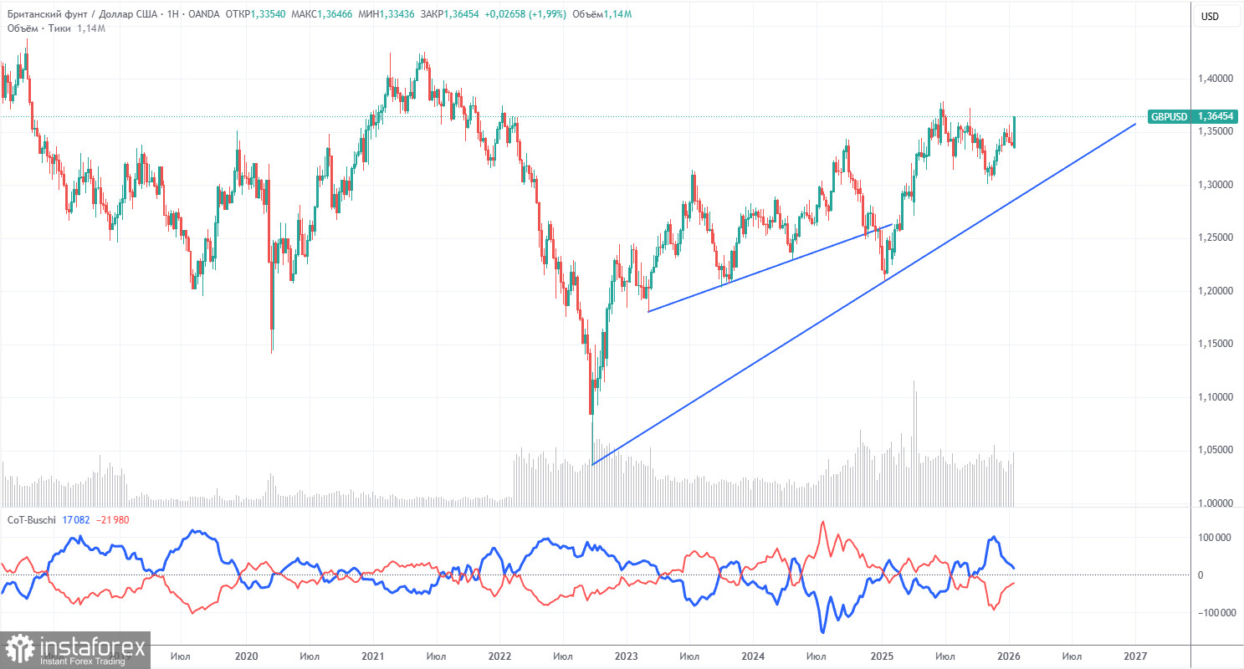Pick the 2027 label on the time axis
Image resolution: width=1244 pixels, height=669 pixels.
point(1134,657)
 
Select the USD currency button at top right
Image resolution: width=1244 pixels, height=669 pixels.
point(1210,16)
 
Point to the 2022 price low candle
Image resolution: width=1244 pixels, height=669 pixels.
point(591,411)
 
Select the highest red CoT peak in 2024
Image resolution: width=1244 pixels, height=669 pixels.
point(822,523)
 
